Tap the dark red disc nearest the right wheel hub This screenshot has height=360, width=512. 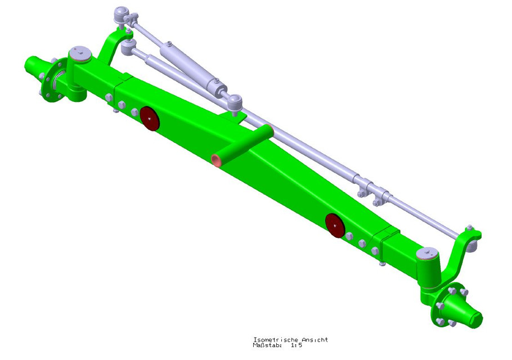(x=335, y=225)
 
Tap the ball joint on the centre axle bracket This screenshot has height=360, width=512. (x=234, y=101)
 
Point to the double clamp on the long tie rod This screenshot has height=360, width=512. (x=371, y=188)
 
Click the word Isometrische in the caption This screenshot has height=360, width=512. (x=272, y=339)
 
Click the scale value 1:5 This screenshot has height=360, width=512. (x=297, y=345)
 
